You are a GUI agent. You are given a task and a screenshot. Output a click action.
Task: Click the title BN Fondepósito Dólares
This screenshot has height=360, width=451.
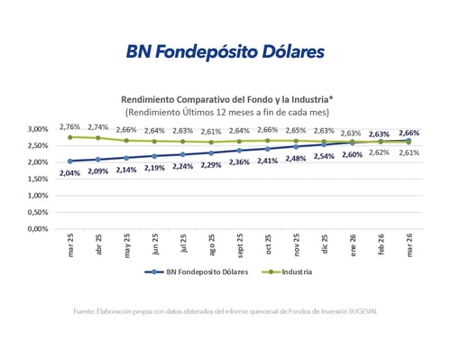225,51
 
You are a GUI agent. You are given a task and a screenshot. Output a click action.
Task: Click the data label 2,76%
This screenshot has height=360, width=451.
69,125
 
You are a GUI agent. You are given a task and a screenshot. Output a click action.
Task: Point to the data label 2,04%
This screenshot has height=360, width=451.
69,172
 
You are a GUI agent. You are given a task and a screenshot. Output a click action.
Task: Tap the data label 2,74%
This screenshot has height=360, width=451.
98,127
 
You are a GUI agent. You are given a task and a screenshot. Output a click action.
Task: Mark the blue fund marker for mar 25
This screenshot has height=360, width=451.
69,161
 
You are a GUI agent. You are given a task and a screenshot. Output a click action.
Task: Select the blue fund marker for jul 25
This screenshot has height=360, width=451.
182,154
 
